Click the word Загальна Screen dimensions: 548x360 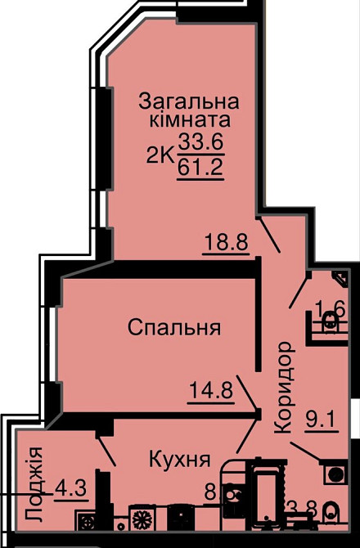(x=188, y=102)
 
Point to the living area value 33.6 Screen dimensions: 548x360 (x=201, y=143)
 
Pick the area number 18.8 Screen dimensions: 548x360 (x=226, y=242)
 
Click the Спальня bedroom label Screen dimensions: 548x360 (x=175, y=328)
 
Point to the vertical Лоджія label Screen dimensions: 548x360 (x=33, y=484)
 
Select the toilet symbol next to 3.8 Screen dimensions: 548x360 (x=331, y=514)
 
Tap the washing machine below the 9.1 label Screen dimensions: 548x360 (x=335, y=473)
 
